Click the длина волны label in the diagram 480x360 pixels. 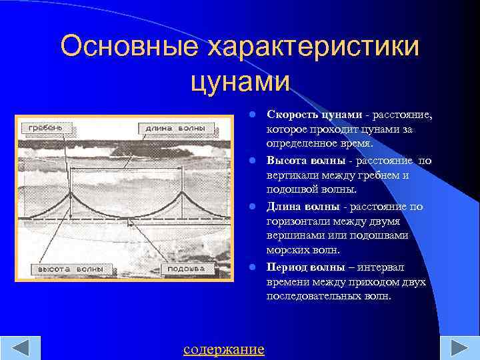point(172,127)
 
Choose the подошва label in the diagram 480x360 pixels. point(186,270)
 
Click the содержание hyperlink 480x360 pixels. point(223,349)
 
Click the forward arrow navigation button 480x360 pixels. point(459,348)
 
